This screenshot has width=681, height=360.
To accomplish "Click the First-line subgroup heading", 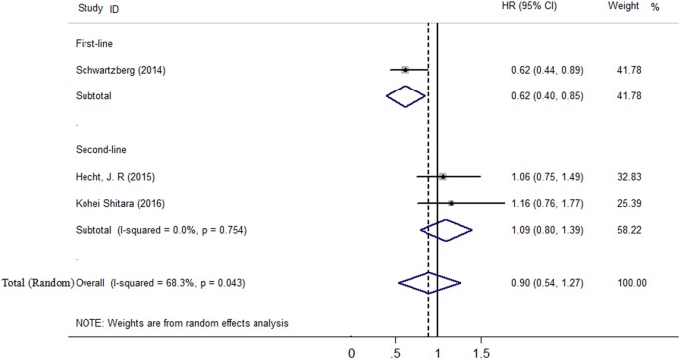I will (x=94, y=44).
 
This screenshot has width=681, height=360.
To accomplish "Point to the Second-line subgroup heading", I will (x=101, y=150).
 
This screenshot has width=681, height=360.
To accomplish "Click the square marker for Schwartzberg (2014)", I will (x=405, y=70).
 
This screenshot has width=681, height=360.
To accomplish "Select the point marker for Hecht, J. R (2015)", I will (x=442, y=177).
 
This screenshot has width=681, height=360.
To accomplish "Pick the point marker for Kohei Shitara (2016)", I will (x=451, y=203).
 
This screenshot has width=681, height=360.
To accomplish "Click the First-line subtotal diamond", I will (x=405, y=96).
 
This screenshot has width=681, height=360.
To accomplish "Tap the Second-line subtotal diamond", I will (x=446, y=230).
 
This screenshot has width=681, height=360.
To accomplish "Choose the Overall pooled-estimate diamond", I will (x=429, y=283).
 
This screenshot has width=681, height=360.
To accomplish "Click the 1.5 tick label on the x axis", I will (x=481, y=352).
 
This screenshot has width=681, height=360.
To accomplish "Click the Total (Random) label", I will (x=38, y=283).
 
